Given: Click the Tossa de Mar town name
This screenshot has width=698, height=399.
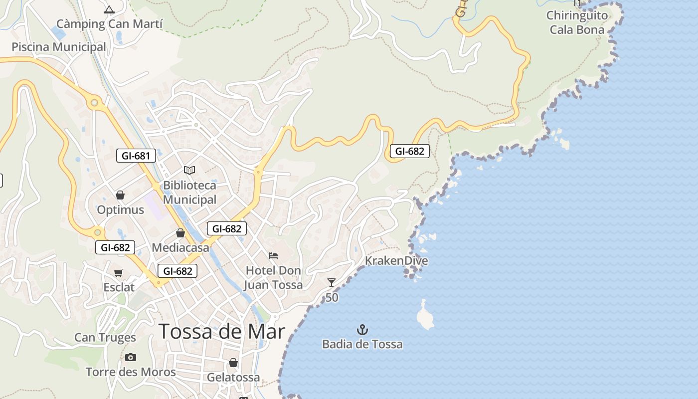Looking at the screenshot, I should click(222, 332).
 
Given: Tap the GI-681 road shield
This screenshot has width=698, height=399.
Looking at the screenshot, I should click(136, 156).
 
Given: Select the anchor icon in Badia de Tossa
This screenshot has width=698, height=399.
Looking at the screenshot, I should click(362, 330).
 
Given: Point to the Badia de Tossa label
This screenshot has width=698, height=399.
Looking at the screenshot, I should click(362, 344).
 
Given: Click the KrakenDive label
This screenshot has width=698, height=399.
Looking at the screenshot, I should click(396, 261).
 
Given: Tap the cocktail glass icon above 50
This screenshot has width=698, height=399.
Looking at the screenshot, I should click(332, 283).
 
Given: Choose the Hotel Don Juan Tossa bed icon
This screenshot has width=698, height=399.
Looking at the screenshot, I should click(273, 256).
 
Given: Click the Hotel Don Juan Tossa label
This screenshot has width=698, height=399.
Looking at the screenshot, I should click(273, 278).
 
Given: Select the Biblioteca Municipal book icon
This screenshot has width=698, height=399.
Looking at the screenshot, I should click(189, 171).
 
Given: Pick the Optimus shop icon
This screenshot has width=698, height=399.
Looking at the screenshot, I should click(120, 195).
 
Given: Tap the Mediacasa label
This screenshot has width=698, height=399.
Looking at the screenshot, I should click(180, 247).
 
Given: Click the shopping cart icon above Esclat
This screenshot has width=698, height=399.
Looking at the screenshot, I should click(119, 273).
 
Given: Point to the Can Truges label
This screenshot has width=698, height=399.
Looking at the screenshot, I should click(105, 338).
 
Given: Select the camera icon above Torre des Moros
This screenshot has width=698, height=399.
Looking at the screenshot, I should click(131, 357).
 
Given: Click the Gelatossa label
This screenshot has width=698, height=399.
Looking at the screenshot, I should click(233, 378).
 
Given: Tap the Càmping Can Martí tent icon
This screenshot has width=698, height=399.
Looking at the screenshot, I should click(109, 9).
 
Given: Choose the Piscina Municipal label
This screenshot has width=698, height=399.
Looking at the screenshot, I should click(59, 47).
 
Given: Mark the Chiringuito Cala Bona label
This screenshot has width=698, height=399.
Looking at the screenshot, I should click(577, 22).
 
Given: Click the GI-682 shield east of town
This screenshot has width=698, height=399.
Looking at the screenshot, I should click(409, 151).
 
